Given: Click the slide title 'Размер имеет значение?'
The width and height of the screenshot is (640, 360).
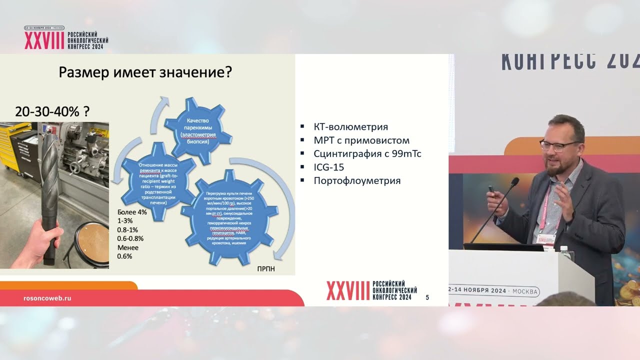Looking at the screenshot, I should [x=145, y=72].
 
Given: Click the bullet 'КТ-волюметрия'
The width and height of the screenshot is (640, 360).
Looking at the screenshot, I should [x=350, y=127].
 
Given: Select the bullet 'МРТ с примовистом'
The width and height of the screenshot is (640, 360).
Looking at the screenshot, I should [x=361, y=140].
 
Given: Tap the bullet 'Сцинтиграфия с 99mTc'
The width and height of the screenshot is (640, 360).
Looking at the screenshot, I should [x=367, y=154].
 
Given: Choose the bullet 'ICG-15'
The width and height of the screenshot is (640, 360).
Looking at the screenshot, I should [x=328, y=167].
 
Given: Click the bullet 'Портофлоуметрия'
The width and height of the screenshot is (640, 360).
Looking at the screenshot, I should [x=357, y=180].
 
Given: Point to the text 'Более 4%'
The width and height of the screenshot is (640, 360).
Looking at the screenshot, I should [x=132, y=211].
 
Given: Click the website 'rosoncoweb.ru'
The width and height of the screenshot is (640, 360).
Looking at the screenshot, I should [x=47, y=297].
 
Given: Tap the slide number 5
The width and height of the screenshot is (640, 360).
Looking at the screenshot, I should [x=427, y=297].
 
